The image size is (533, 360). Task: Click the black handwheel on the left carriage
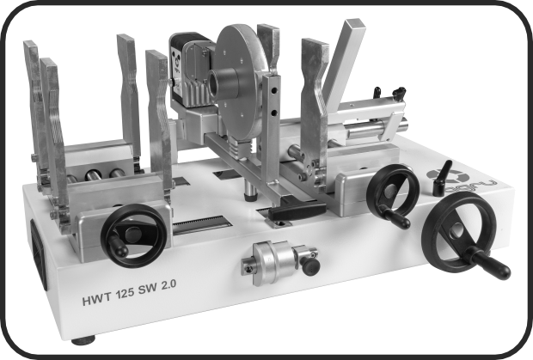134,235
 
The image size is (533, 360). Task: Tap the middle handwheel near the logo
392,193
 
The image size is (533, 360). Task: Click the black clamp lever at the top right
396,92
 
